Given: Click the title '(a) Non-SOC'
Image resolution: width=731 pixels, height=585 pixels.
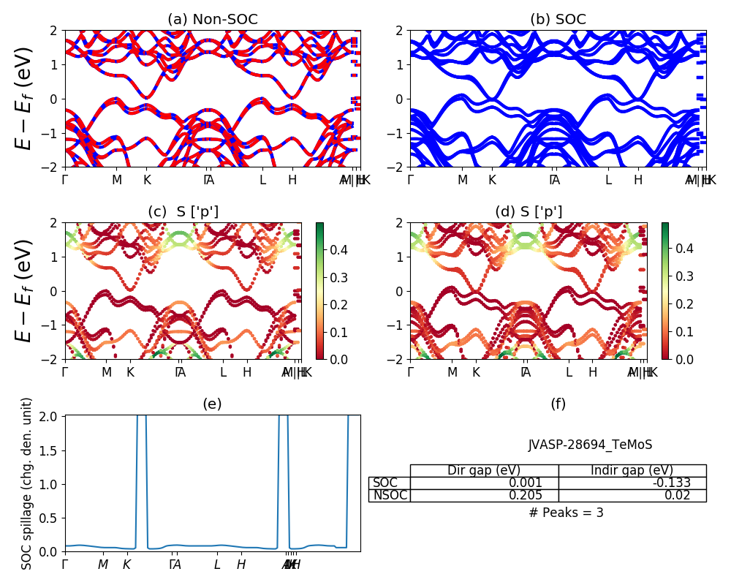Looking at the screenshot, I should (x=213, y=20).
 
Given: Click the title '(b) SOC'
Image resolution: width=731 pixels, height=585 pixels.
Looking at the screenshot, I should (x=558, y=20).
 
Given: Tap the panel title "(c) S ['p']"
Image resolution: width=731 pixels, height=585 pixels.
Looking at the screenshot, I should (x=183, y=212).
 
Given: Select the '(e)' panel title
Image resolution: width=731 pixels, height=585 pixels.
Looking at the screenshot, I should (x=213, y=404).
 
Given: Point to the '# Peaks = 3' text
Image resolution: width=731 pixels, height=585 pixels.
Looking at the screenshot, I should (x=566, y=513).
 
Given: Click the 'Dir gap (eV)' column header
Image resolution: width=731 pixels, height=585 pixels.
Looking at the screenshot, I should (x=484, y=470).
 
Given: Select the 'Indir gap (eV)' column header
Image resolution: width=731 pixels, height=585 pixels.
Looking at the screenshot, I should (x=632, y=470).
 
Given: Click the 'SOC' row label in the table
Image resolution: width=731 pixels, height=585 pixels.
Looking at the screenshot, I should (x=385, y=483).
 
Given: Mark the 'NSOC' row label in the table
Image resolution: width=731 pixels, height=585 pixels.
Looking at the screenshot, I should (x=390, y=495).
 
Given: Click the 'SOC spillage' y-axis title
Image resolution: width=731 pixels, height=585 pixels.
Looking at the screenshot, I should (x=27, y=483).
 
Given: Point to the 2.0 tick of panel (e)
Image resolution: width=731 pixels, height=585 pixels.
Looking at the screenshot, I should (x=52, y=416).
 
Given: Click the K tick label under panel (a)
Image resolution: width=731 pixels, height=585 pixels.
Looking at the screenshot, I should (x=147, y=180).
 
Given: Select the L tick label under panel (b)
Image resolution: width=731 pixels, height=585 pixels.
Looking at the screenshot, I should (x=608, y=180).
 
